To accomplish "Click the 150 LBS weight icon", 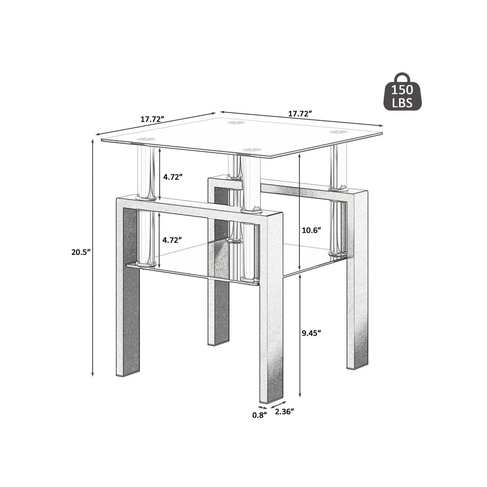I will (x=403, y=93).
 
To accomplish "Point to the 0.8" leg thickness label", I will (x=260, y=415).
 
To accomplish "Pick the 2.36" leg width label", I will (x=284, y=411).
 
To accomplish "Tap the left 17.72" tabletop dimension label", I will (x=152, y=119).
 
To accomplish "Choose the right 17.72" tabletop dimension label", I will (x=299, y=114).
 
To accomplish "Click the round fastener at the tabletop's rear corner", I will (x=235, y=122).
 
